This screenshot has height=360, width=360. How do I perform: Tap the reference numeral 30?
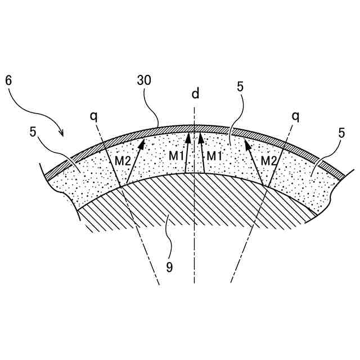[144, 80]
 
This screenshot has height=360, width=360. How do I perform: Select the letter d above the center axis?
[195, 93]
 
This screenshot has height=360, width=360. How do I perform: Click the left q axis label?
[93, 116]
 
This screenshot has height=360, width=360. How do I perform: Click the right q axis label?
[295, 116]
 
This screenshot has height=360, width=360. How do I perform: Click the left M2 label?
[123, 161]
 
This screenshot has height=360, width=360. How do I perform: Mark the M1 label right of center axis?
[214, 155]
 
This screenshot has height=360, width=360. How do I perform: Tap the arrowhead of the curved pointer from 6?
[62, 134]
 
